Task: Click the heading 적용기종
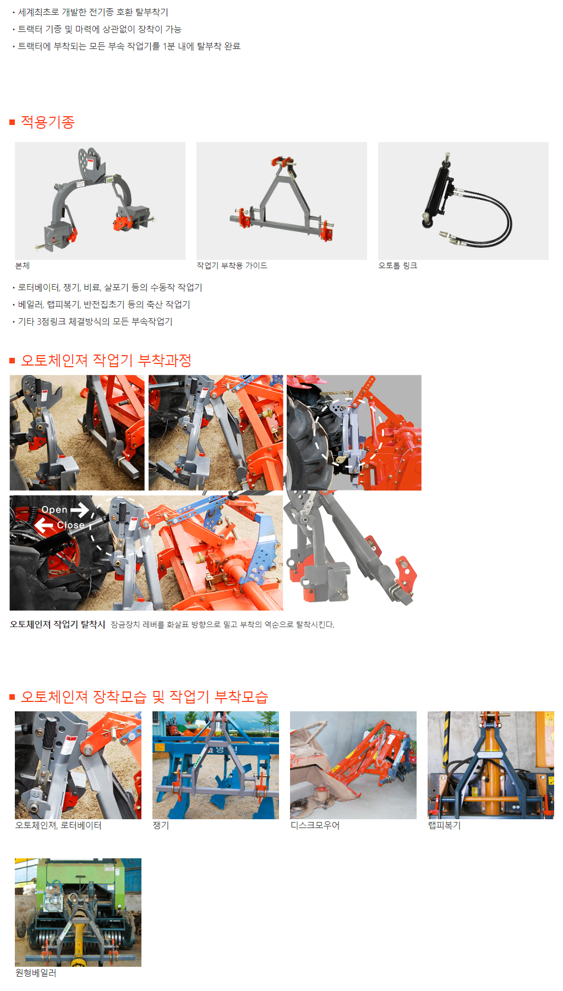coord(47,122)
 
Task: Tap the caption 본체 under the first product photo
coord(23,265)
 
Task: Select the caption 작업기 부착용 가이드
coord(232,265)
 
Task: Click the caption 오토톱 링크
coord(398,265)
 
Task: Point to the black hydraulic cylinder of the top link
coord(438,190)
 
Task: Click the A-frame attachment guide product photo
coord(282,201)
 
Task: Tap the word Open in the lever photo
coord(54,510)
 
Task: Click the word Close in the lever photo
coord(71,525)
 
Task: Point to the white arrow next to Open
coord(80,510)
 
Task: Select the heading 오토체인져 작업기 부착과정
coord(106,360)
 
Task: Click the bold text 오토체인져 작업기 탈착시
coord(57,624)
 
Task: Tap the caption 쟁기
coord(161,825)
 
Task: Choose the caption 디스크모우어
coord(315,825)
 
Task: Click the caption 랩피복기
coord(444,825)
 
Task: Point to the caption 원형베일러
coord(36,973)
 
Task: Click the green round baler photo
coord(78,912)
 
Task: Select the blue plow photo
coord(216,765)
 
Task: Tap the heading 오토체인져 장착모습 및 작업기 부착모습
coord(144,696)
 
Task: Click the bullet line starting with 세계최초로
coord(93,12)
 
